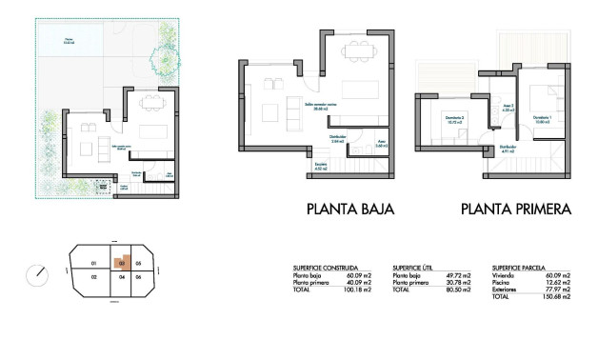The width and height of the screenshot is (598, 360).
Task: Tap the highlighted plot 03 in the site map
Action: [x=122, y=263]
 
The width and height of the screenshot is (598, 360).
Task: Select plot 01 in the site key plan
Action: [x=93, y=263]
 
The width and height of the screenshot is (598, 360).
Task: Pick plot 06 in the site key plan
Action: [x=138, y=277]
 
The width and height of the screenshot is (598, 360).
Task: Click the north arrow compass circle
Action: [x=37, y=274]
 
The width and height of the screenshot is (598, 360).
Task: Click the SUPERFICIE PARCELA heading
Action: [x=522, y=268]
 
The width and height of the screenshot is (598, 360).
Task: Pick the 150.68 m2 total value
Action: [x=557, y=297]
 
